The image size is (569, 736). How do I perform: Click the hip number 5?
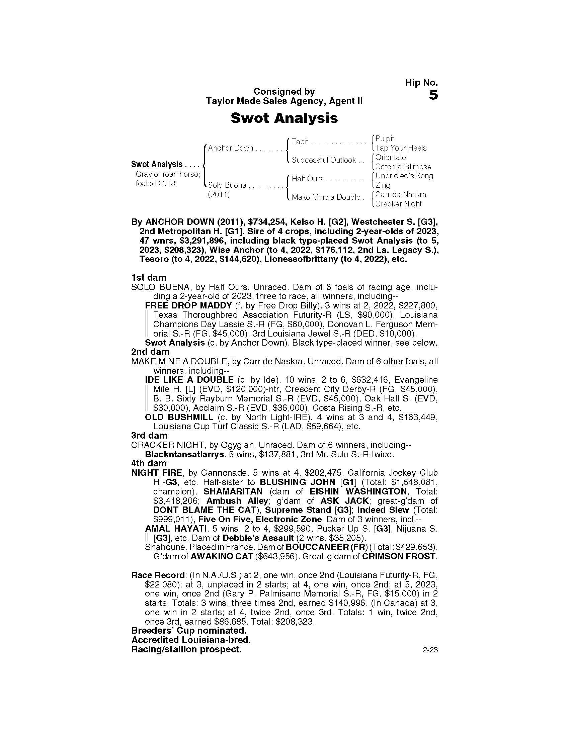click(x=433, y=95)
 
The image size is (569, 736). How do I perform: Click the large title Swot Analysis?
click(x=284, y=118)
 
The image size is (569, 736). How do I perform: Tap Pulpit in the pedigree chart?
click(x=385, y=139)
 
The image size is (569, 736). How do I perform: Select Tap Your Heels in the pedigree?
click(x=401, y=148)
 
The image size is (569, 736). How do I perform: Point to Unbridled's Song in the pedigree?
click(x=404, y=176)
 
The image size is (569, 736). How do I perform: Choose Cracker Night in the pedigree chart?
click(x=398, y=204)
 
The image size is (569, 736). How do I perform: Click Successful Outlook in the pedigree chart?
click(x=324, y=160)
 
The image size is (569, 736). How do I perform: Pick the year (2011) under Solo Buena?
click(x=219, y=195)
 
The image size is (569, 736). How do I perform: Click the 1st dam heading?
click(x=149, y=278)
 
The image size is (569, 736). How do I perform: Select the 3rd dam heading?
click(x=149, y=435)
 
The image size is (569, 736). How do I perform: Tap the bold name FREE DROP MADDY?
click(x=188, y=306)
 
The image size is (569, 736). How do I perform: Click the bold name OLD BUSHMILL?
click(x=179, y=417)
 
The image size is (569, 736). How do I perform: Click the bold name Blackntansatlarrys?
click(x=184, y=454)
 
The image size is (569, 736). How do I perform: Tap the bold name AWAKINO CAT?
click(x=222, y=556)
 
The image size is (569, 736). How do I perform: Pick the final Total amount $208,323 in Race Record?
click(x=295, y=622)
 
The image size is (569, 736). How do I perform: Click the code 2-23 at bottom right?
click(x=430, y=650)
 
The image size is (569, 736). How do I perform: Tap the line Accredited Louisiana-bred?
click(x=191, y=640)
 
